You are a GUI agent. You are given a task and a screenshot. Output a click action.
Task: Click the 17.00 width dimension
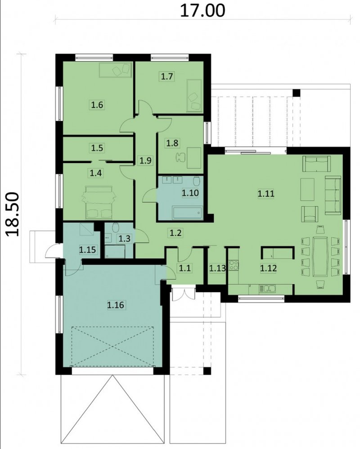pos(202,11)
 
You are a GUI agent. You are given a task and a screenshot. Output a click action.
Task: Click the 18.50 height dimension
pos(13,214)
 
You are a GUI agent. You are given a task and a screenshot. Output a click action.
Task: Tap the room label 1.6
pos(97,105)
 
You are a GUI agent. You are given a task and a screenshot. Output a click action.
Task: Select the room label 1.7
pos(167,77)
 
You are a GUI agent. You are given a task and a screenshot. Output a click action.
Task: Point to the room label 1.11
pos(266,194)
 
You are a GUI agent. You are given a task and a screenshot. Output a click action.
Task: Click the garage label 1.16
pos(116,305)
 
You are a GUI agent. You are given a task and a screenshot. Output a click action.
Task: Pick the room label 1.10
pos(190,193)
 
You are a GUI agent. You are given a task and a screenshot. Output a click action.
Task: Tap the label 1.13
pos(217,268)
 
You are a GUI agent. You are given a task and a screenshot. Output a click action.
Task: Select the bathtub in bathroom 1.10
pos(188,213)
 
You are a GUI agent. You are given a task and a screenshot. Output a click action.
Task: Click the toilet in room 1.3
pos(116,228)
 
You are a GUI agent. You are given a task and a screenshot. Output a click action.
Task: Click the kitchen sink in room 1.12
pos(267,289)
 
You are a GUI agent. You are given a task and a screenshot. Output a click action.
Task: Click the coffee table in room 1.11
pos(307,189)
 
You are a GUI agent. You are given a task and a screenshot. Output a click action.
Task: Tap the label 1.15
pos(88,249)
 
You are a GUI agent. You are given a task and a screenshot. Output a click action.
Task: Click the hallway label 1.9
pos(146,160)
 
